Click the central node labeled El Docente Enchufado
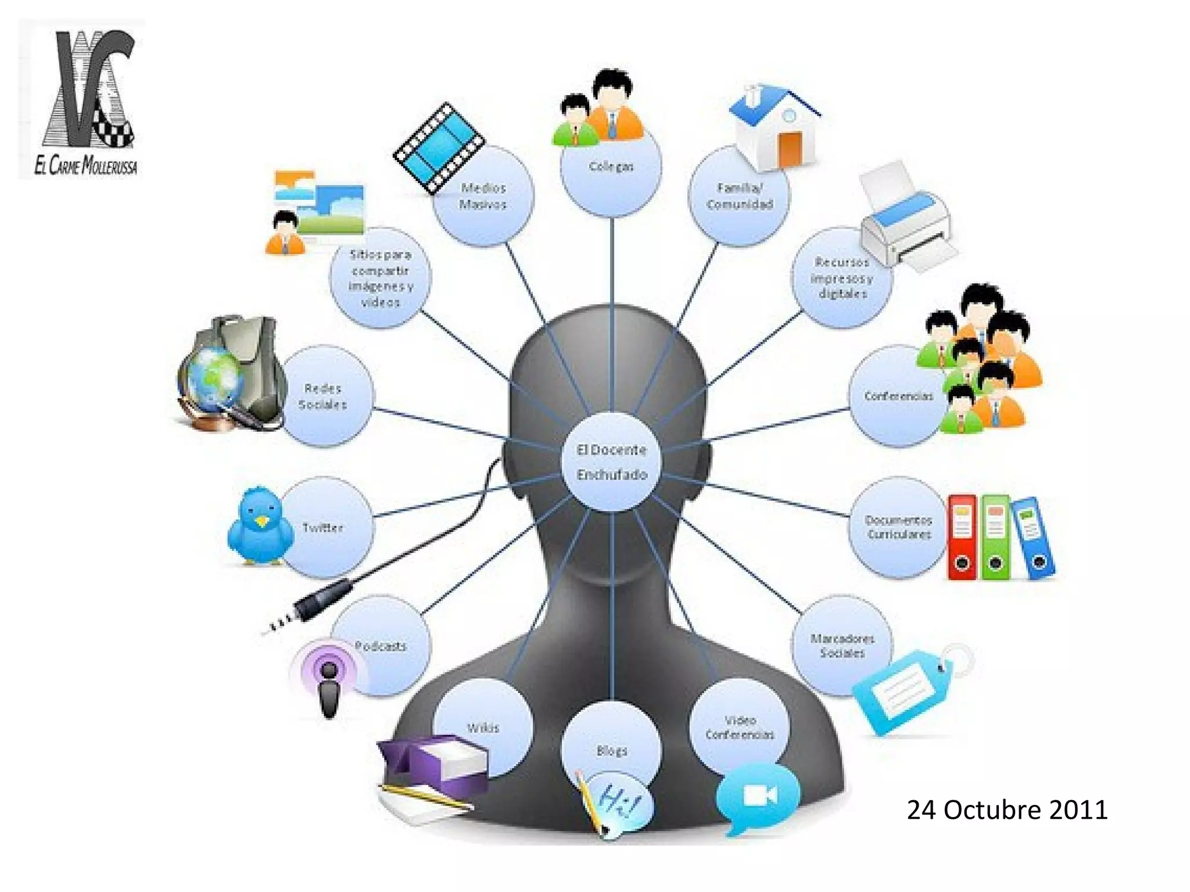click(x=612, y=462)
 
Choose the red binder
click(x=962, y=538)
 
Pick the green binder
click(x=995, y=538)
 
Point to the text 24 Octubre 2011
click(x=1007, y=810)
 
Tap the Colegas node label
click(x=611, y=167)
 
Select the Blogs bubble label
click(x=612, y=751)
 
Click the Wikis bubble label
click(x=483, y=728)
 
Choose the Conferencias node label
click(x=898, y=396)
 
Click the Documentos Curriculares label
click(x=899, y=527)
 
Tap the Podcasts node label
click(x=381, y=646)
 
